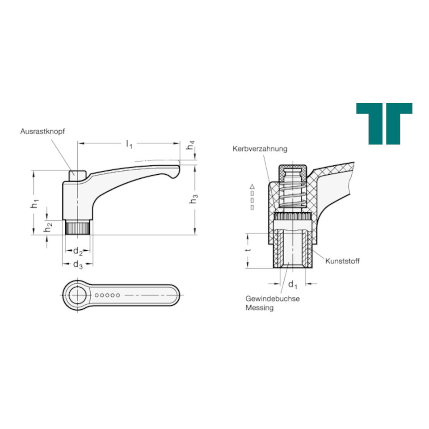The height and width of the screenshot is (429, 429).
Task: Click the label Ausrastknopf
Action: click(42, 131)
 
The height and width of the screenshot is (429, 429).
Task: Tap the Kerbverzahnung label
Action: click(260, 149)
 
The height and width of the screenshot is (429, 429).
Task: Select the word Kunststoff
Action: click(342, 261)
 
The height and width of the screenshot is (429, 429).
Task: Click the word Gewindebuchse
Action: click(273, 299)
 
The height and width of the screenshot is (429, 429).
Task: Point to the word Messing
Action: click(259, 308)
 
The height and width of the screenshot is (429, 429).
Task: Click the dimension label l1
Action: click(129, 144)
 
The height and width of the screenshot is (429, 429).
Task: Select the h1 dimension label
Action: click(35, 204)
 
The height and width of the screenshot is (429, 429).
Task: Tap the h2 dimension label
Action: click(48, 227)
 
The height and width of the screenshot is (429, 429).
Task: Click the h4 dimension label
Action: click(190, 145)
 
